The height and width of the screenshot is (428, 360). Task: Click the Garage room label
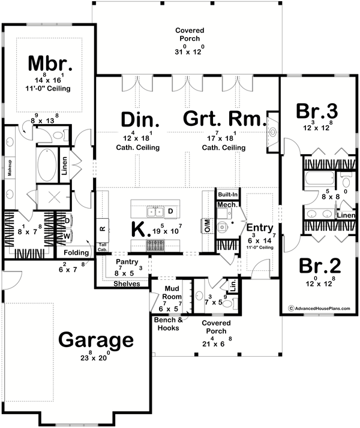pyautogui.click(x=96, y=340)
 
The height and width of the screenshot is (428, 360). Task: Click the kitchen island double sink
pyautogui.click(x=155, y=211)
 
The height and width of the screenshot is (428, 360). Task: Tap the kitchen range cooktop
pyautogui.click(x=155, y=245)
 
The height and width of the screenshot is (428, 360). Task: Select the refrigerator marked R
pyautogui.click(x=103, y=228)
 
